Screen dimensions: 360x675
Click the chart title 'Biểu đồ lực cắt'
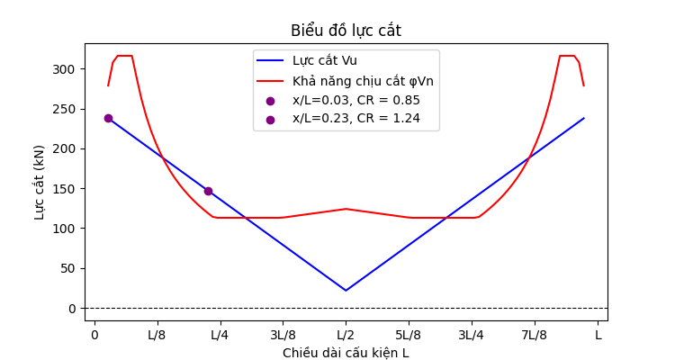click(346, 31)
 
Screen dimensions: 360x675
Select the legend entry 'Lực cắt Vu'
click(325, 61)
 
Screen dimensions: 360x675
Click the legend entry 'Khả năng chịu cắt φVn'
click(363, 81)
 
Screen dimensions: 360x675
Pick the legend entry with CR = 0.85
click(356, 100)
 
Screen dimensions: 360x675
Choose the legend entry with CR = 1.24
click(356, 118)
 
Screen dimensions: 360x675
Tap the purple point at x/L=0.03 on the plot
click(108, 118)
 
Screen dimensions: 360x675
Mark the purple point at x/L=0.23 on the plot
click(208, 191)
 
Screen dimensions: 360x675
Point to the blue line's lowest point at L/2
click(346, 290)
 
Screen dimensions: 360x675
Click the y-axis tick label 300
click(68, 69)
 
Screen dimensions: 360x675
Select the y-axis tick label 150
click(68, 189)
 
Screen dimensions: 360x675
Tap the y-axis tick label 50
click(72, 268)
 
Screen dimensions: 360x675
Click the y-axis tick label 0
click(75, 309)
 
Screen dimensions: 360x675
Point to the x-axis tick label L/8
click(157, 335)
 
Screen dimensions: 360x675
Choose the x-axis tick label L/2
click(346, 335)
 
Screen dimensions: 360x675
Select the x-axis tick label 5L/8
click(409, 335)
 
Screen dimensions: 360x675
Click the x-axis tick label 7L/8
click(535, 335)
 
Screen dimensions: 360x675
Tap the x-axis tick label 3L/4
click(472, 335)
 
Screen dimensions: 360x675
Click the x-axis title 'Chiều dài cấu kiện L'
click(346, 353)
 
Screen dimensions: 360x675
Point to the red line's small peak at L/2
click(346, 209)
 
